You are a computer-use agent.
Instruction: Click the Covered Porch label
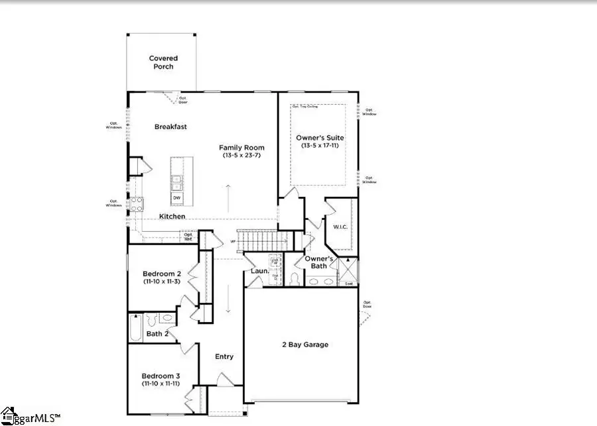(x=163, y=62)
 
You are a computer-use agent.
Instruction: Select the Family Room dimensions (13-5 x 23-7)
(x=242, y=156)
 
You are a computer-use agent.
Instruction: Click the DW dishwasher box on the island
(x=177, y=197)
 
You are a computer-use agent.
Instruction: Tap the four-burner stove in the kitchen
(x=137, y=204)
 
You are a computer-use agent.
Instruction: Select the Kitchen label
(x=172, y=217)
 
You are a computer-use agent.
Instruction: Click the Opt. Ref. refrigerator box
(x=189, y=236)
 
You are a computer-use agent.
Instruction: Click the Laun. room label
(x=259, y=270)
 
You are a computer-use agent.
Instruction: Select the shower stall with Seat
(x=348, y=271)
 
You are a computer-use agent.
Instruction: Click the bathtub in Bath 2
(x=135, y=327)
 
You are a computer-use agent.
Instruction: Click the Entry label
(x=224, y=356)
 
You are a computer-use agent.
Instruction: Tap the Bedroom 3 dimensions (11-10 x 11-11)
(x=161, y=384)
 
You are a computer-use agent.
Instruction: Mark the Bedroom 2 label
(x=161, y=274)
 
